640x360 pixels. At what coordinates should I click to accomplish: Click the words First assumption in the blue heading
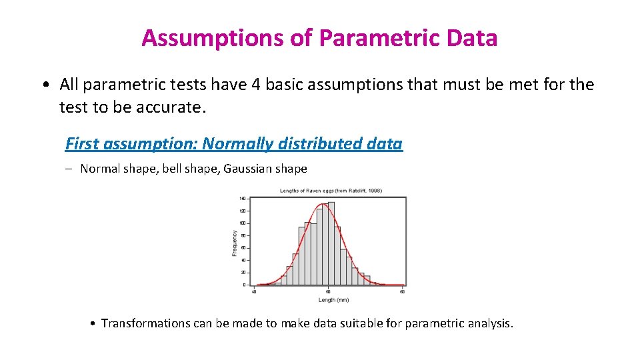[x=131, y=143]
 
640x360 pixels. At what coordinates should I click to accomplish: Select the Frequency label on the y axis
[x=234, y=243]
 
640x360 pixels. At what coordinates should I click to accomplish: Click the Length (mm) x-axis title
[x=333, y=300]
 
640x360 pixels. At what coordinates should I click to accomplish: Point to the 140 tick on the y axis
[x=242, y=199]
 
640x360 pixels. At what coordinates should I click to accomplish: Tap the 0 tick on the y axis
[x=245, y=285]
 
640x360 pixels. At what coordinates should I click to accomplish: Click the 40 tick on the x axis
[x=254, y=291]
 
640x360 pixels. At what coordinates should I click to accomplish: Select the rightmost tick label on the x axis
[x=402, y=291]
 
